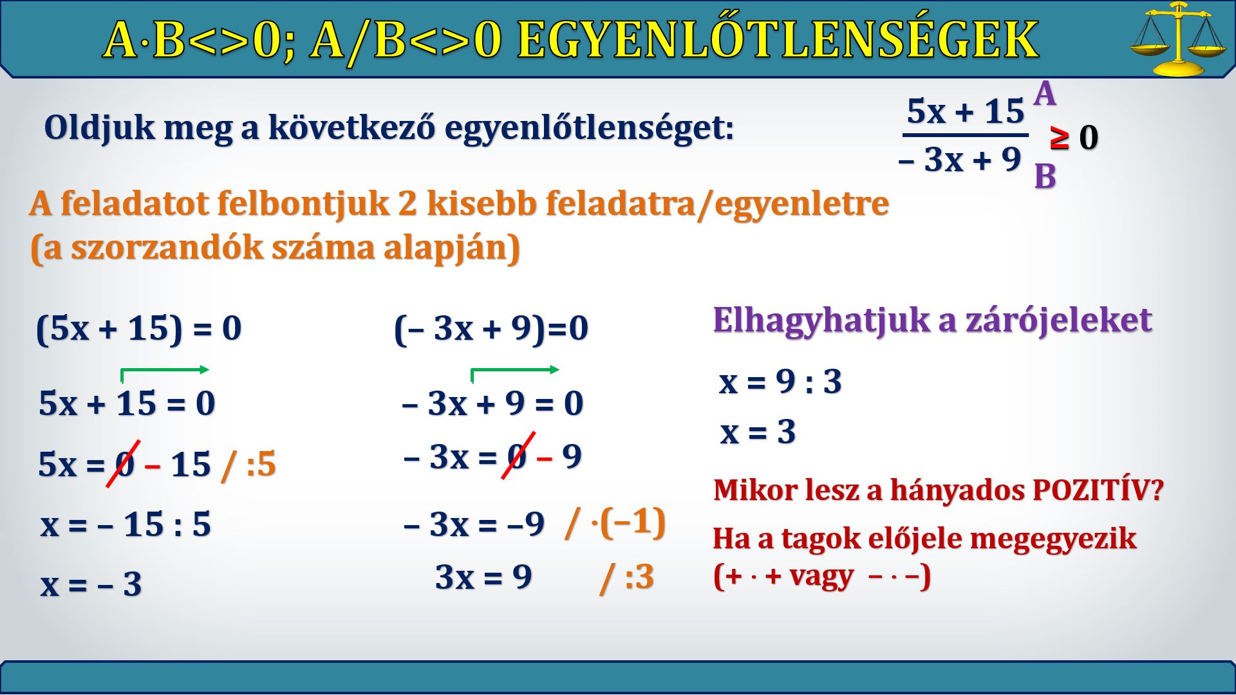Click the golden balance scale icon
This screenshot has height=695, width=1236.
(1177, 39)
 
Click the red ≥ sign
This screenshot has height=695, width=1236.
(1059, 137)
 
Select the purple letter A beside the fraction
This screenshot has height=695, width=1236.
(1045, 94)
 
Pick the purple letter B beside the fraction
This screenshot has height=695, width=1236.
(1045, 176)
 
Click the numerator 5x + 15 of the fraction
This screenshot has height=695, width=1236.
(965, 111)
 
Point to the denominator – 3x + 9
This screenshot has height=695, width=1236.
(960, 159)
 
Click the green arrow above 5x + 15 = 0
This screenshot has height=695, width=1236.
(165, 369)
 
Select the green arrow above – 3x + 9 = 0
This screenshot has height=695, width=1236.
(515, 369)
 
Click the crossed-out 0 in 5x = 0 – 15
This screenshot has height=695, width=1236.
(124, 463)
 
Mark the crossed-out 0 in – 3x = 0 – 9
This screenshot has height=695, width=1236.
(518, 456)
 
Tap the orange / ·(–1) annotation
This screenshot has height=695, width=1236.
(615, 523)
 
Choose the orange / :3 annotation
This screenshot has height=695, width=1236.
(626, 577)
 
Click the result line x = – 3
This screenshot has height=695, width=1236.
(91, 584)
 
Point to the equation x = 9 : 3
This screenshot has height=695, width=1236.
(780, 382)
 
